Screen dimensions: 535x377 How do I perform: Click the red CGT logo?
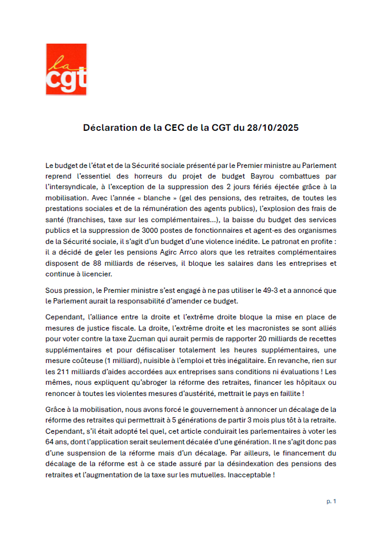coord(66,69)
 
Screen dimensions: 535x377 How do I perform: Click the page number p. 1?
coord(331,501)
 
